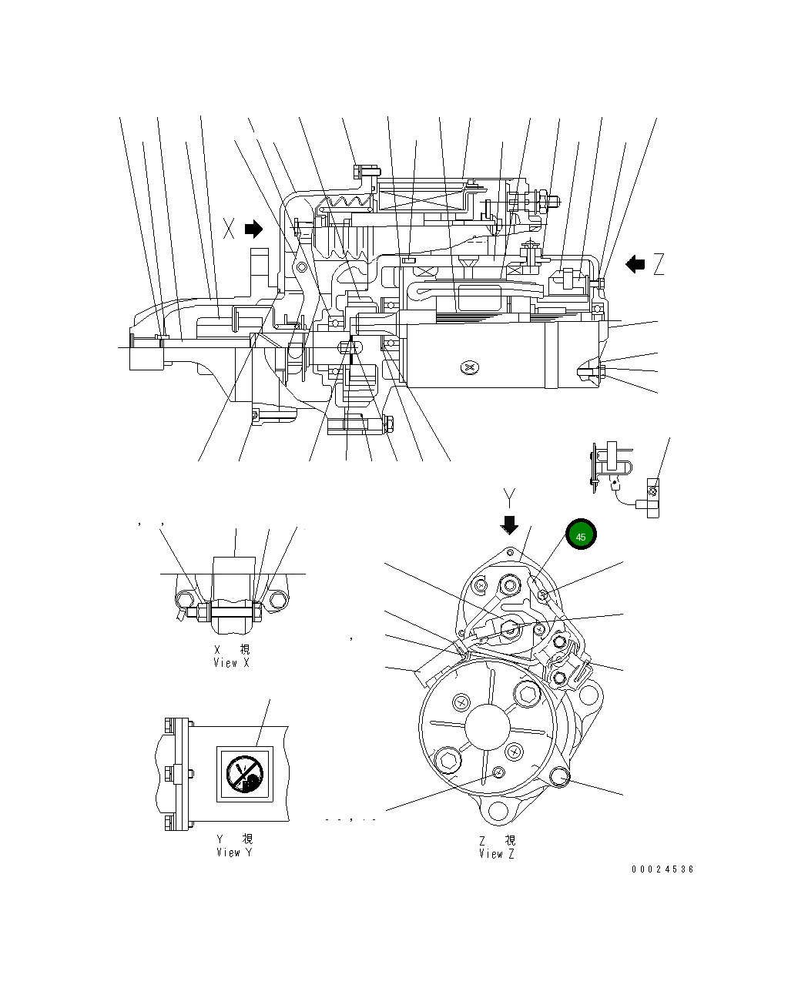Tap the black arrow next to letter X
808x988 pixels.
click(x=253, y=229)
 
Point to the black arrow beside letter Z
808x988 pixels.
click(x=635, y=264)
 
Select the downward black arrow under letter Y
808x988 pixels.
click(x=509, y=525)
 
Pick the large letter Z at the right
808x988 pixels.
click(x=659, y=265)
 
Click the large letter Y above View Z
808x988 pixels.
click(x=508, y=495)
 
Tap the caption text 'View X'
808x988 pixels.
click(x=231, y=663)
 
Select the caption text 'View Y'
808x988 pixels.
click(x=233, y=852)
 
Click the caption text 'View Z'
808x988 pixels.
click(x=497, y=853)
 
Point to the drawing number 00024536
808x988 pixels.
click(x=662, y=869)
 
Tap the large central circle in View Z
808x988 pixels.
click(x=488, y=726)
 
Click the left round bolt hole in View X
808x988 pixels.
click(x=185, y=600)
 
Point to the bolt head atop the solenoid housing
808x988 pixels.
click(x=365, y=170)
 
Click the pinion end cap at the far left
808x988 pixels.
click(x=142, y=353)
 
